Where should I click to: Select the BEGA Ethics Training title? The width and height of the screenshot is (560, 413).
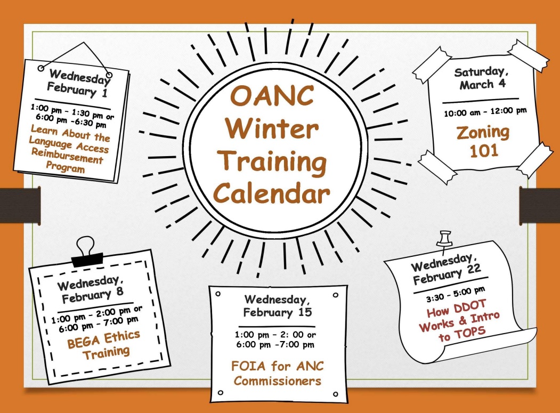102,343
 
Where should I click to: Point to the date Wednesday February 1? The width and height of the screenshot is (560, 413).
78,82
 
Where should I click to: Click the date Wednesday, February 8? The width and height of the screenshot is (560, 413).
92,289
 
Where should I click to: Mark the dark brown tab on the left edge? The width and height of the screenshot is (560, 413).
20,204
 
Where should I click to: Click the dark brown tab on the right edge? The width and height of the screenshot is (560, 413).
539,204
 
